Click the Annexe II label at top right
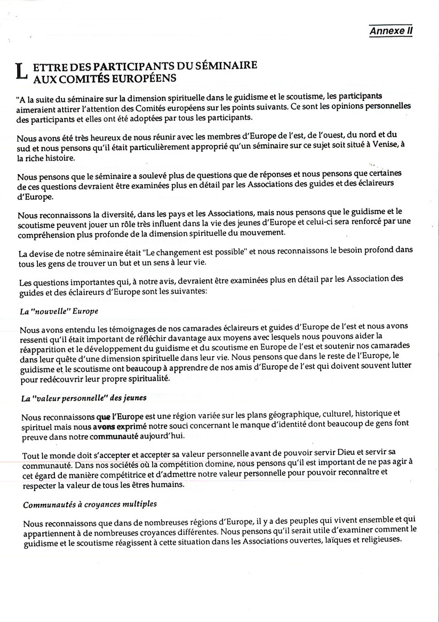391,32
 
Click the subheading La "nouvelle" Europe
60,311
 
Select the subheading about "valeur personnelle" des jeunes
84,398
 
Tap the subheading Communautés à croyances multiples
90,504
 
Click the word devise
42,250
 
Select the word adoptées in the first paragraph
147,117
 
